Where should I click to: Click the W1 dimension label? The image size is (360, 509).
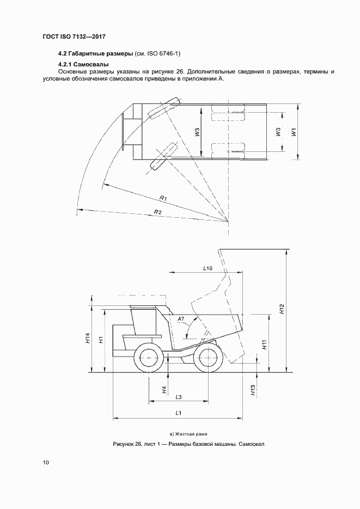coord(294,132)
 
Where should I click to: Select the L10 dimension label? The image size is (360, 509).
coord(207,268)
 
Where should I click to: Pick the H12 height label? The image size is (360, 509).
coord(282,309)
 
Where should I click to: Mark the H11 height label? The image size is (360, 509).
coord(264,344)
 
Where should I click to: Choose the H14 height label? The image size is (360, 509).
coord(88,338)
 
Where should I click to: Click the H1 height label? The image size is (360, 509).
coord(101,340)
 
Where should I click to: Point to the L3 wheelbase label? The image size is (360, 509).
coord(179,396)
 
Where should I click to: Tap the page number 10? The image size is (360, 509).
coord(46,463)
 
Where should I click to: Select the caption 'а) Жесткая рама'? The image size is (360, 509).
coord(188,433)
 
